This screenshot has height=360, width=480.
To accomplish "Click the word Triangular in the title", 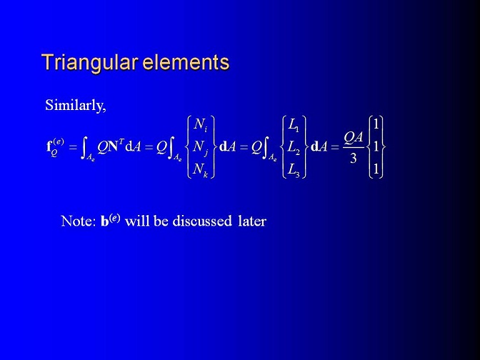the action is (89, 62).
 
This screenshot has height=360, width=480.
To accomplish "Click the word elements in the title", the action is (186, 62).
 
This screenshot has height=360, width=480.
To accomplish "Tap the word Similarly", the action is (75, 105).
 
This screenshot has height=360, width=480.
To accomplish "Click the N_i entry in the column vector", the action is (201, 125).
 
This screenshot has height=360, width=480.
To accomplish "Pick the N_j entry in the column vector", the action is (201, 148).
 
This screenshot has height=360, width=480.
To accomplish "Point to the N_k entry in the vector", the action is (201, 170).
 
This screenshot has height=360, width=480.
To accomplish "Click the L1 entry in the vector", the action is (294, 125).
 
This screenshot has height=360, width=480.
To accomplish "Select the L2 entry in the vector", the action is (294, 148).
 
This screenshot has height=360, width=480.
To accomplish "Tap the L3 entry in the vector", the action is (294, 170).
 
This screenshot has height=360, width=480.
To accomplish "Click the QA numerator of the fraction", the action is (354, 138).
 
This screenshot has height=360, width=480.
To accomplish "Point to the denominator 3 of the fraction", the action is (354, 158).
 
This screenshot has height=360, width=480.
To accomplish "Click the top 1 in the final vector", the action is (376, 124).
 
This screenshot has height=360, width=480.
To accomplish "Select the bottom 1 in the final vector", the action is (376, 170).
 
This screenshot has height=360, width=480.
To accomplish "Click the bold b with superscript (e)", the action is (111, 220).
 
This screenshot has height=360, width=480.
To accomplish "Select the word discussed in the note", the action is (202, 221).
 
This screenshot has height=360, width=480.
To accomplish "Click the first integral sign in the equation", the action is (83, 148).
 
